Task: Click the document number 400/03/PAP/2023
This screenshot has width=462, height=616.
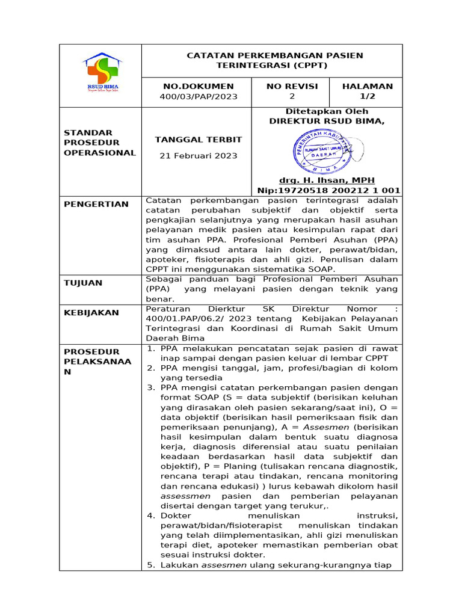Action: [198, 97]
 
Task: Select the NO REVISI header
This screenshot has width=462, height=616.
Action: [292, 86]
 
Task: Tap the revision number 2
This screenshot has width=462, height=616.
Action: [292, 96]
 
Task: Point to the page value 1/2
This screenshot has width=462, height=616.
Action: [367, 96]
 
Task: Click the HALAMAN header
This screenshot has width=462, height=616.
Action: [367, 86]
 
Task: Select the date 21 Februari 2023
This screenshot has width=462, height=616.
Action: [198, 156]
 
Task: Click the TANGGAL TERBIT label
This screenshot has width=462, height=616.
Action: [198, 140]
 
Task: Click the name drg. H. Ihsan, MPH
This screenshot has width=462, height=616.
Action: [327, 180]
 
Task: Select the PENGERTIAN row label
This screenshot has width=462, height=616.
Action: [96, 204]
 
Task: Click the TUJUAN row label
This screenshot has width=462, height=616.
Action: [84, 283]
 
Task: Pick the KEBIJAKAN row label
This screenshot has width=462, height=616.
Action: [91, 313]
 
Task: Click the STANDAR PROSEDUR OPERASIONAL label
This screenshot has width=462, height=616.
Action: [100, 142]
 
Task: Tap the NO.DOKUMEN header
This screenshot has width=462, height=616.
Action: [198, 86]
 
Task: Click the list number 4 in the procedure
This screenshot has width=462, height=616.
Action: [150, 516]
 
